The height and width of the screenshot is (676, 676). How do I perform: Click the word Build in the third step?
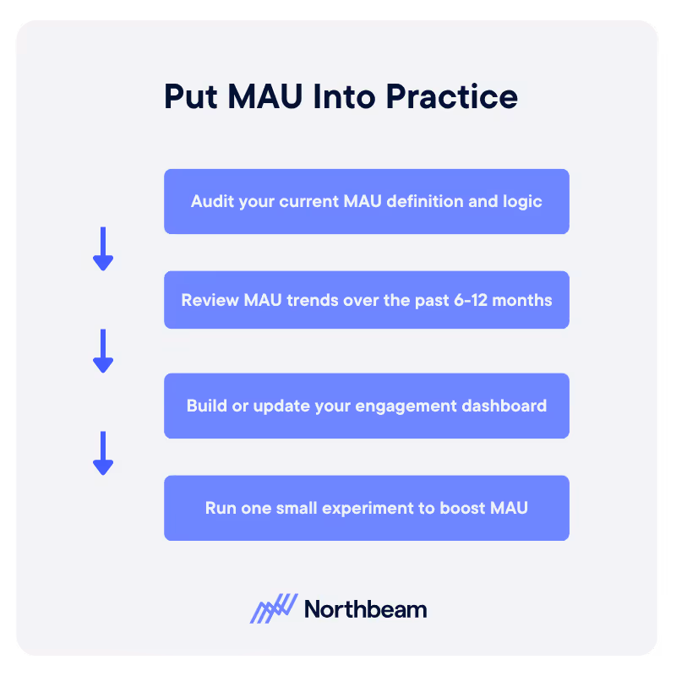tap(205, 406)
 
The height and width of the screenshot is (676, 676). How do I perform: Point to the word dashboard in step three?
tap(506, 406)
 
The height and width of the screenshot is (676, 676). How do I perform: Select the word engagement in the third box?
tap(408, 406)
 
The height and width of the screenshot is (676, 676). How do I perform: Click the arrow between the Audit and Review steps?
tap(103, 248)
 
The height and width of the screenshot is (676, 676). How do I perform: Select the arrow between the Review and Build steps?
tap(103, 351)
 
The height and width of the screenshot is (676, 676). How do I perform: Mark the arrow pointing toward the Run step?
tap(103, 453)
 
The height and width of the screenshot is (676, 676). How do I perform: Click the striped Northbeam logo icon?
tap(274, 608)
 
